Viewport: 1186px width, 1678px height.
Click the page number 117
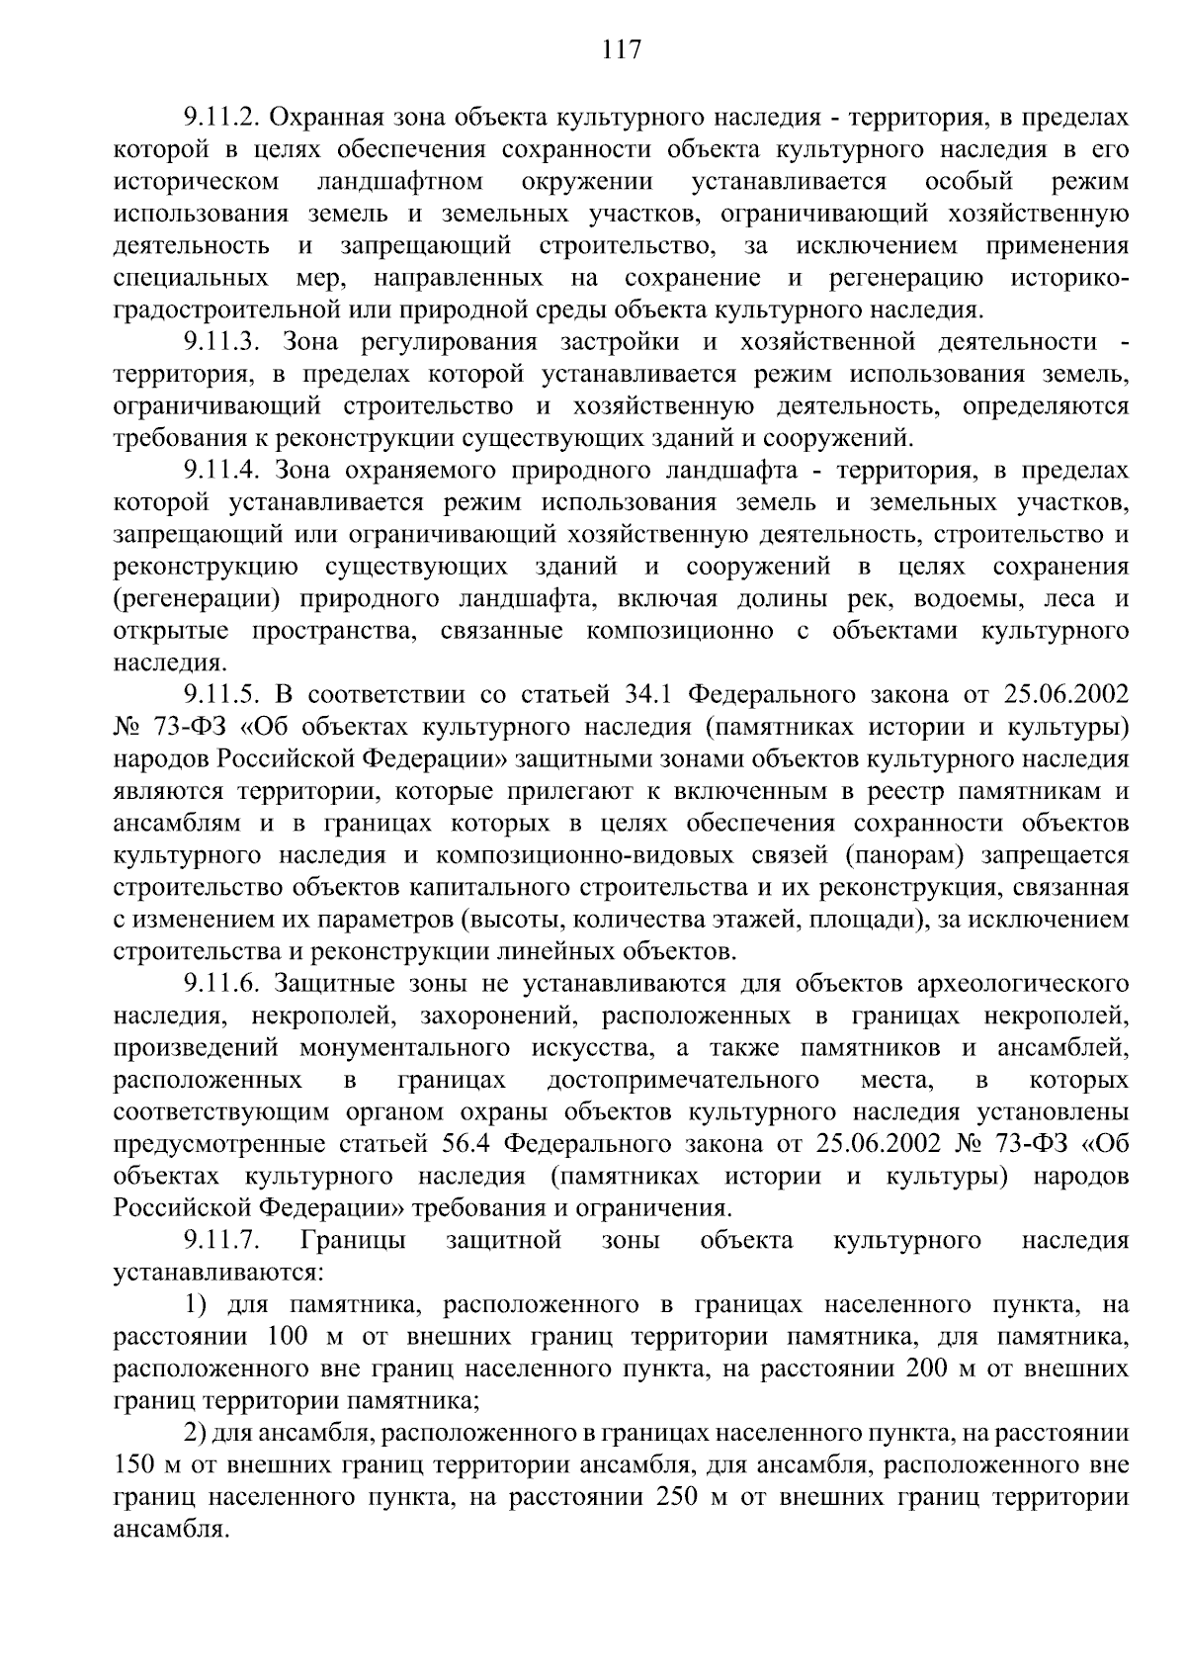click(x=622, y=49)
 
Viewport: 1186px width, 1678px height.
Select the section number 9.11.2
click(x=220, y=118)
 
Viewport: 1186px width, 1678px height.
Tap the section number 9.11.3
click(x=220, y=342)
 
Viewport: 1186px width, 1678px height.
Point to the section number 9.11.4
click(x=220, y=470)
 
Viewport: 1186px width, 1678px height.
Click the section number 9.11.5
click(x=220, y=695)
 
